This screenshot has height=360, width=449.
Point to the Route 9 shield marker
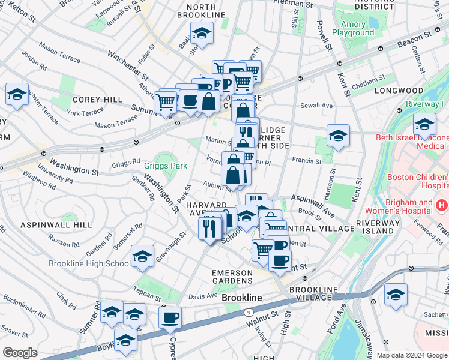click(x=248, y=312)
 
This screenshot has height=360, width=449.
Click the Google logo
click(x=20, y=353)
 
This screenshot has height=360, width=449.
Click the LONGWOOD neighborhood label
click(x=399, y=91)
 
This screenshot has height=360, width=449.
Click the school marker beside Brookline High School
click(x=142, y=256)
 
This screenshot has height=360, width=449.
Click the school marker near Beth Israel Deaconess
click(x=424, y=124)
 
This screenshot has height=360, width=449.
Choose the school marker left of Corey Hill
click(x=17, y=94)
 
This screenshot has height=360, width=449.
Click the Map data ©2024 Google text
click(x=412, y=355)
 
